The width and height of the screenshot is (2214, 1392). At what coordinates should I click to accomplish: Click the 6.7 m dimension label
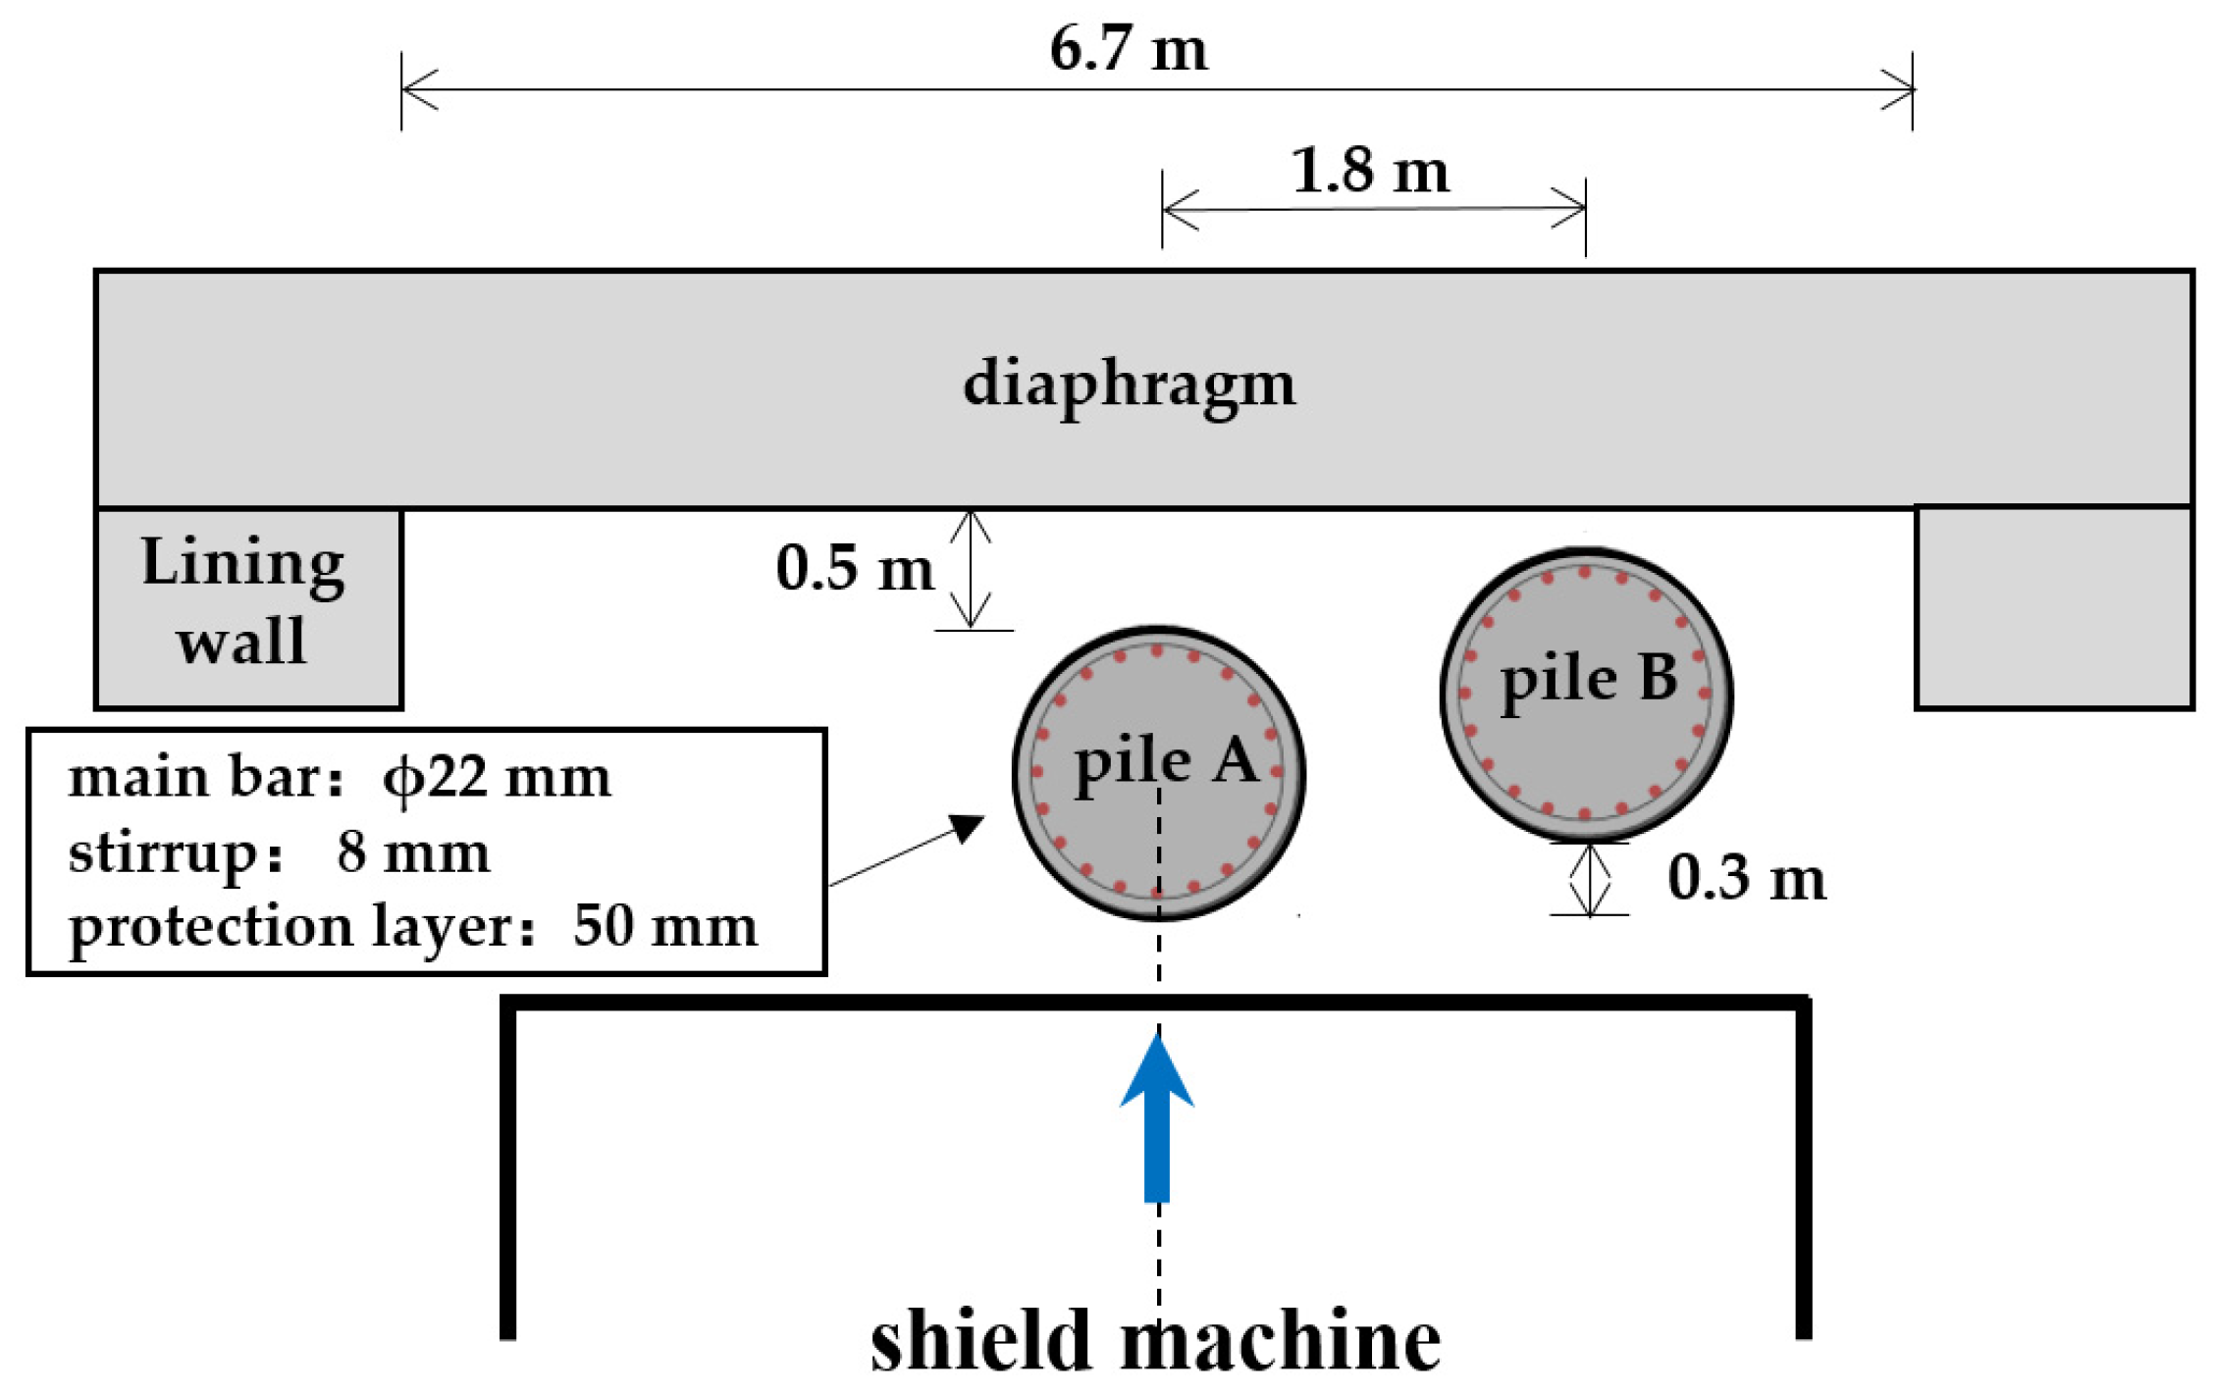(x=1128, y=49)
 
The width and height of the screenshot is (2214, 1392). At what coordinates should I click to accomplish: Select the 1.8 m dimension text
(x=1369, y=172)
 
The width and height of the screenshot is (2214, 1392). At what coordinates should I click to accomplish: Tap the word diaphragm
(x=1129, y=385)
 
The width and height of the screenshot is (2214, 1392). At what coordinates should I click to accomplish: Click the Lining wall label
(x=242, y=601)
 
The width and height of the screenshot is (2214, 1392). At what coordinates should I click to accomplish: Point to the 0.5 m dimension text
(x=854, y=569)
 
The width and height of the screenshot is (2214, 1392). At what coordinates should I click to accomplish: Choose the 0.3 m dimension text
(x=1746, y=878)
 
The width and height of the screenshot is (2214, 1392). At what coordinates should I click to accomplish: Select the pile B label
(x=1589, y=679)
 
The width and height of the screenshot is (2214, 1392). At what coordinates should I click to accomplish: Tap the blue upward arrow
(x=1157, y=1118)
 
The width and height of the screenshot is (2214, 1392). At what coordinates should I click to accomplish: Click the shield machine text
(x=1155, y=1341)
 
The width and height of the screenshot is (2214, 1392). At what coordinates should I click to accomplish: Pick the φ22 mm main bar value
(x=497, y=778)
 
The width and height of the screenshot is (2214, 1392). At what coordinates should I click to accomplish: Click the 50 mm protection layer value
(x=665, y=925)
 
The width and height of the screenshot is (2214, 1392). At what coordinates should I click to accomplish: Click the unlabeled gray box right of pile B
(x=2054, y=608)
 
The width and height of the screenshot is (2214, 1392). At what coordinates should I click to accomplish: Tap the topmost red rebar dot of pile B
(x=1586, y=572)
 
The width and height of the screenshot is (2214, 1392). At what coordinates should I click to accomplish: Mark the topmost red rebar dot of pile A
(x=1157, y=650)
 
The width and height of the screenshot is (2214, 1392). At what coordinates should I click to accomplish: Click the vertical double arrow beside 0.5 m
(x=971, y=569)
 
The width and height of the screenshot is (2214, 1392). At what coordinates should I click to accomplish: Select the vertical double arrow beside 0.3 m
(x=1590, y=879)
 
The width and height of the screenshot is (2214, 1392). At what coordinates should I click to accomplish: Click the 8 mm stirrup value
(x=412, y=852)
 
